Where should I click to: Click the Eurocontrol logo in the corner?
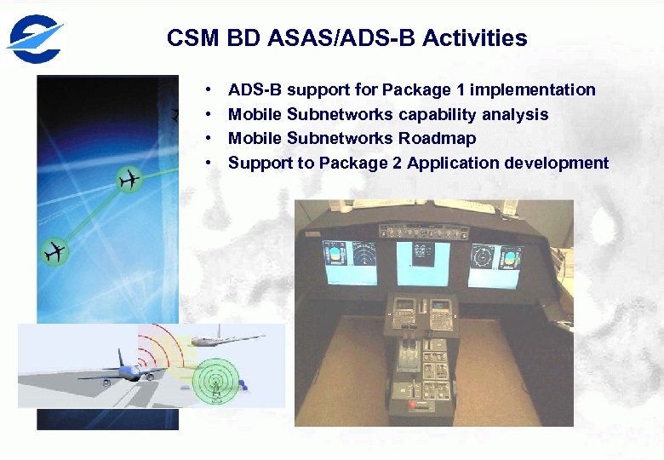point(35,36)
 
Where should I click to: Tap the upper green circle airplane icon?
point(129,180)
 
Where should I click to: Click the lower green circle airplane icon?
point(54,252)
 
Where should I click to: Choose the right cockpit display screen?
point(497,259)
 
